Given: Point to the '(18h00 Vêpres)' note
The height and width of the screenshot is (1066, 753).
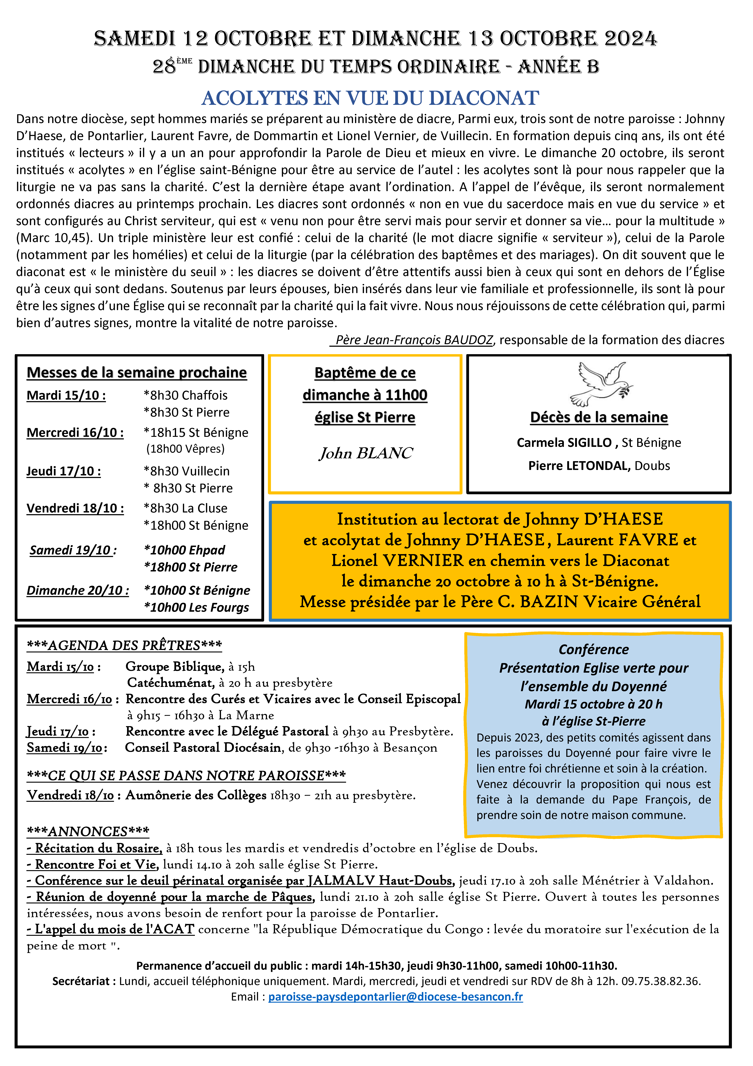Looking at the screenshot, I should click(x=186, y=449).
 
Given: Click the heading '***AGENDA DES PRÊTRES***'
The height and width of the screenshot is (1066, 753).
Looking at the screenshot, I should click(x=124, y=645).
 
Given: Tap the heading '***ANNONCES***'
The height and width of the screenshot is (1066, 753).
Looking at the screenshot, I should click(x=88, y=831).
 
